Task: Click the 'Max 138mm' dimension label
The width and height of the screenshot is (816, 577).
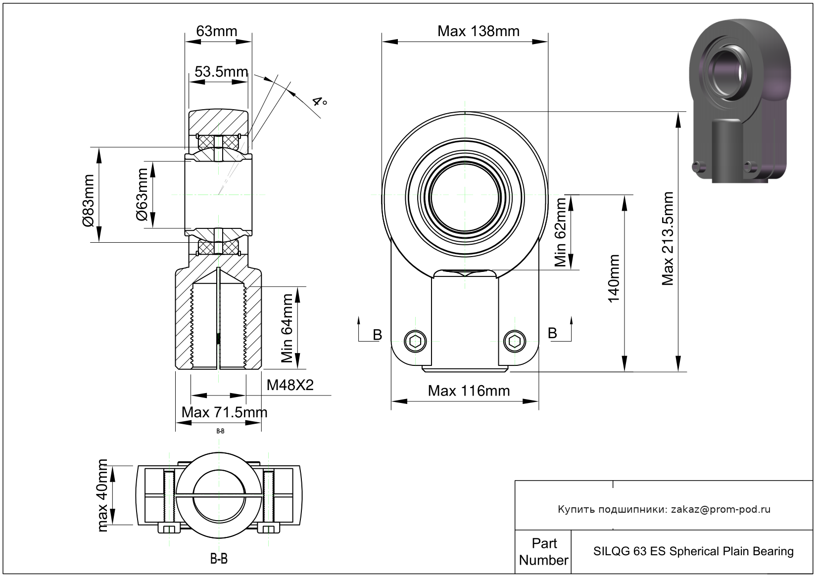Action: (x=478, y=31)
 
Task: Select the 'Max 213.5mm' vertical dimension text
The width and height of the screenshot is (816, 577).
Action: (x=668, y=239)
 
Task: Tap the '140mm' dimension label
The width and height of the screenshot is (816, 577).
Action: (x=614, y=278)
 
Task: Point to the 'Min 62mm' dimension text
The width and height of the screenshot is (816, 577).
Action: (x=560, y=232)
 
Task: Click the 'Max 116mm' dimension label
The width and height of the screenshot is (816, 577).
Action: (x=469, y=391)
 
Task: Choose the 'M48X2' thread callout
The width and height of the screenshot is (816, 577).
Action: (x=290, y=385)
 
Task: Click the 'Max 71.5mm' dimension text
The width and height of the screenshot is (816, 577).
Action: (x=224, y=412)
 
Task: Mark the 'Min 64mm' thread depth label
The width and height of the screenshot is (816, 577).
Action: (x=287, y=328)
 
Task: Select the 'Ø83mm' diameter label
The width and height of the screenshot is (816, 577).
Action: (x=88, y=200)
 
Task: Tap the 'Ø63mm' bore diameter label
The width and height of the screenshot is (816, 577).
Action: (x=142, y=194)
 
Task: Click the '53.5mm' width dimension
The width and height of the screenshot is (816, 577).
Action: (x=221, y=72)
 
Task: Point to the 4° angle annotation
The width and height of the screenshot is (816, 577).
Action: (x=319, y=102)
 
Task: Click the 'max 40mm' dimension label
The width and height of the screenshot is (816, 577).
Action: (x=102, y=495)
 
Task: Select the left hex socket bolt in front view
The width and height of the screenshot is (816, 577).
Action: (x=415, y=341)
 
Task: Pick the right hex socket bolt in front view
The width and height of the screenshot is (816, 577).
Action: (x=515, y=341)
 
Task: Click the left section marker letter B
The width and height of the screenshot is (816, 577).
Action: (x=377, y=335)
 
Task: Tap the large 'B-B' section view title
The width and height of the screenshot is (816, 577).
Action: (x=219, y=559)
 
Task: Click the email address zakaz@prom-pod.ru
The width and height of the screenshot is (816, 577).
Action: (x=720, y=509)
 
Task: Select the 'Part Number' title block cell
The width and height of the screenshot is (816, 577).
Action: (x=543, y=552)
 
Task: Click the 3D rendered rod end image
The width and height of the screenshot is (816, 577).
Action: (x=740, y=99)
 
